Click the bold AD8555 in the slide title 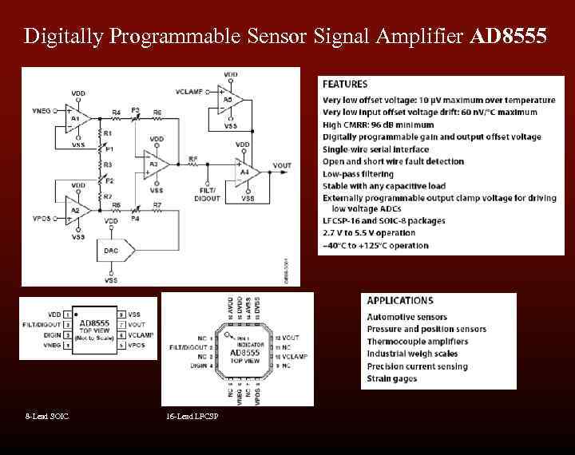click(510, 37)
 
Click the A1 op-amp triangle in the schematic click(76, 117)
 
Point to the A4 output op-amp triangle click(246, 171)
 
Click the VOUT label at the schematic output click(282, 166)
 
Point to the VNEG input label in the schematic click(42, 111)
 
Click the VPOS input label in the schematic click(42, 217)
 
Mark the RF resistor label click(192, 159)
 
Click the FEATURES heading click(345, 84)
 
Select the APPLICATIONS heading click(400, 301)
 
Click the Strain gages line click(391, 378)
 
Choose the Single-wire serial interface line click(375, 149)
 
